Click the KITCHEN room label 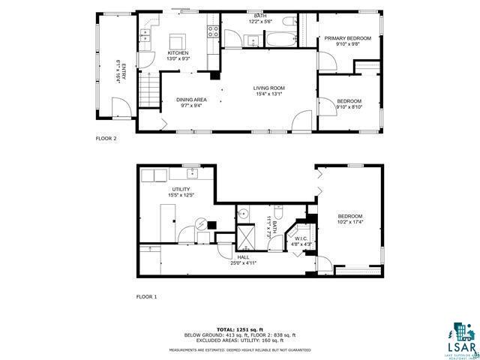click(178, 53)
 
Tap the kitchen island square click(178, 40)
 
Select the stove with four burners click(212, 31)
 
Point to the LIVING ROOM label click(269, 88)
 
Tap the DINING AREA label click(191, 100)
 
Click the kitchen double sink click(145, 32)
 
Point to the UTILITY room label click(181, 189)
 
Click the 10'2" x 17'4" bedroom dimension click(349, 222)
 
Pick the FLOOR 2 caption click(106, 139)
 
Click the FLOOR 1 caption click(146, 297)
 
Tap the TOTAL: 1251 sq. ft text click(240, 329)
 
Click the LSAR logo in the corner click(463, 342)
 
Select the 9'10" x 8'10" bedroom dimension click(349, 106)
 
